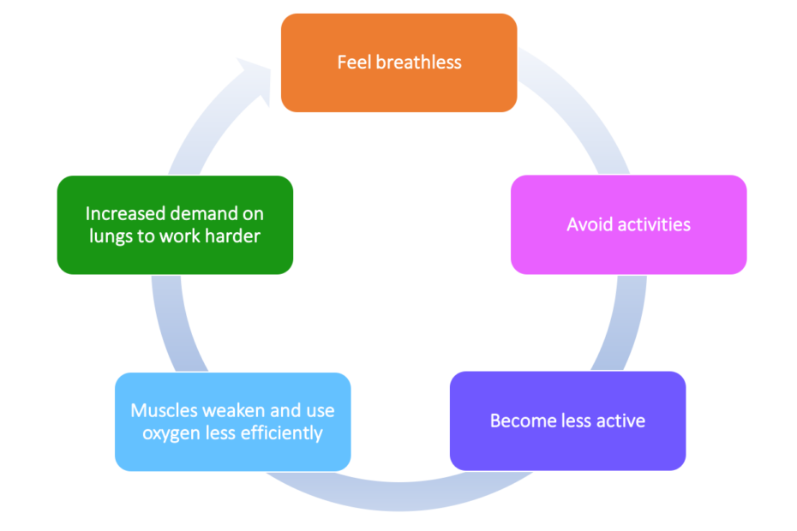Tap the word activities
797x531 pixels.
[651, 225]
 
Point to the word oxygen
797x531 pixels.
[170, 433]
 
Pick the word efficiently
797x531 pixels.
[279, 433]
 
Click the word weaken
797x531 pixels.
[230, 410]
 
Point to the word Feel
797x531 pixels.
[355, 63]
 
